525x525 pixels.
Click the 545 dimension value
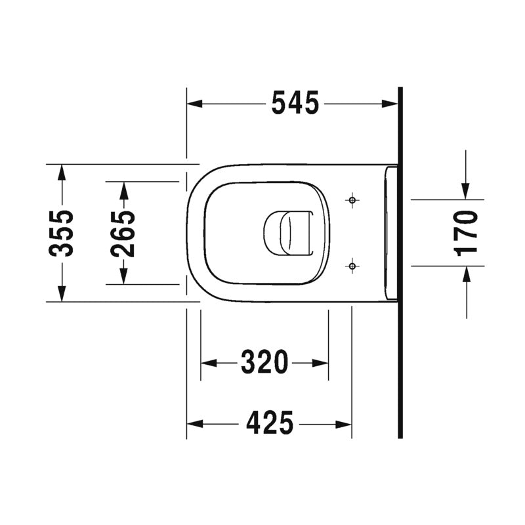click(x=295, y=103)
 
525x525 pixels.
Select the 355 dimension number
click(x=62, y=233)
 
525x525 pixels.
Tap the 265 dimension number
click(x=123, y=233)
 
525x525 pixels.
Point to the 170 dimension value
click(x=466, y=232)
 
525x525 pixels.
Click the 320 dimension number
click(x=264, y=362)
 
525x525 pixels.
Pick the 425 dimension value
click(x=269, y=423)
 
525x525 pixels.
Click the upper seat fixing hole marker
click(x=352, y=199)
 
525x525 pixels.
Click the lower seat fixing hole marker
click(x=352, y=266)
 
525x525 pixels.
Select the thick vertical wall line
click(x=399, y=262)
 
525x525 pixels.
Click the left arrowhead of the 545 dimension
click(x=194, y=104)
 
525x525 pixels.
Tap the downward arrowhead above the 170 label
click(x=466, y=191)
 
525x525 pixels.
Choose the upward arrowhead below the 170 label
click(x=466, y=274)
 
